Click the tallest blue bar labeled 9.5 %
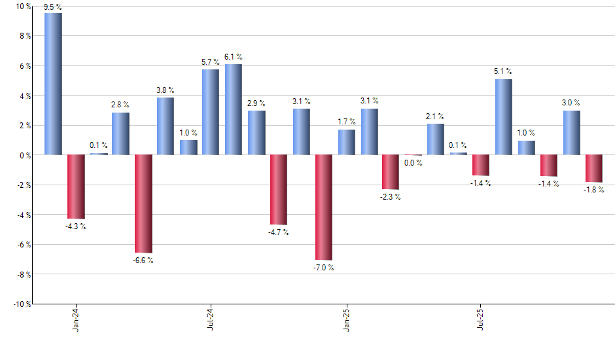pyautogui.click(x=54, y=84)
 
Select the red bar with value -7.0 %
pyautogui.click(x=324, y=207)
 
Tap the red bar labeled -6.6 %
pyautogui.click(x=143, y=204)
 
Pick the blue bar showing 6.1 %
pyautogui.click(x=234, y=109)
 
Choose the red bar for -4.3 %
pyautogui.click(x=76, y=187)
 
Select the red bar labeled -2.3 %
pyautogui.click(x=391, y=172)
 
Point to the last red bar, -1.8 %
pyautogui.click(x=594, y=168)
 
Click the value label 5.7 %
pyautogui.click(x=211, y=62)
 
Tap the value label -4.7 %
pyautogui.click(x=278, y=232)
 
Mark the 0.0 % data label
pyautogui.click(x=413, y=163)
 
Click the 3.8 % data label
pyautogui.click(x=166, y=91)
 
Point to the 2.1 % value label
pyautogui.click(x=436, y=117)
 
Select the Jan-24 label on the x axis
pyautogui.click(x=76, y=319)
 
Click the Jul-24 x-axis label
pyautogui.click(x=211, y=319)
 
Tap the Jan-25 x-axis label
pyautogui.click(x=346, y=319)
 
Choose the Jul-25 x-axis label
pyautogui.click(x=482, y=319)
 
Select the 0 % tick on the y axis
pyautogui.click(x=24, y=155)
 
